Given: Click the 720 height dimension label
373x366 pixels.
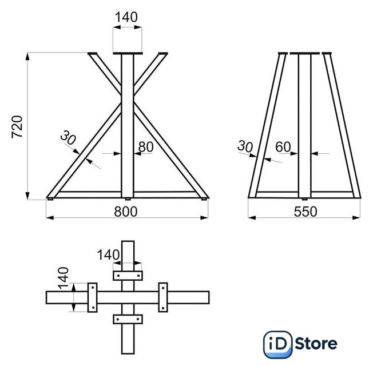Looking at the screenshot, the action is point(17,127).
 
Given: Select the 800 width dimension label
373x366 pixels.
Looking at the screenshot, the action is point(126,212).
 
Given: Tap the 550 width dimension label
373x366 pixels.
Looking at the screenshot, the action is point(305,212).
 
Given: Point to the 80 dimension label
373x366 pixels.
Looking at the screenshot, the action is point(146,147).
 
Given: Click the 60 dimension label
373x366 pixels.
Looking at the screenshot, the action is point(283,147).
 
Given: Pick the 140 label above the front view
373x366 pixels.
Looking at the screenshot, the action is point(126,17).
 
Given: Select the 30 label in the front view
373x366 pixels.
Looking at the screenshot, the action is point(68,138).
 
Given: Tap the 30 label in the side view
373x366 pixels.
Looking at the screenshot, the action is point(245,146).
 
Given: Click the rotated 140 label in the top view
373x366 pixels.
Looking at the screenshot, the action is point(64,278).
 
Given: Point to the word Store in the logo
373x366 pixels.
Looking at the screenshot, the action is point(316,344).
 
